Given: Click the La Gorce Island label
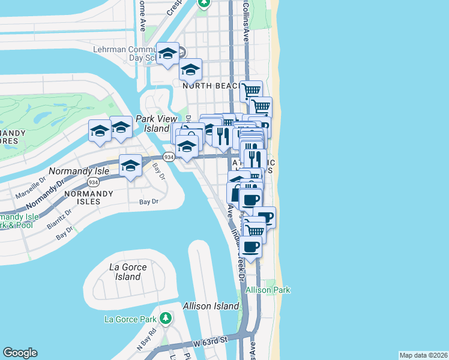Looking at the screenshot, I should click(x=125, y=272).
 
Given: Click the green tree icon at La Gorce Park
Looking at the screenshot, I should click(x=166, y=317).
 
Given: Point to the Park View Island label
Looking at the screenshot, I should click(x=152, y=124).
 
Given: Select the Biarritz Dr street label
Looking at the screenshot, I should click(x=59, y=219).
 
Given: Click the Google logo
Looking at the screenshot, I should click(x=20, y=353).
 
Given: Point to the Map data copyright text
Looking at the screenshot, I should click(x=423, y=355).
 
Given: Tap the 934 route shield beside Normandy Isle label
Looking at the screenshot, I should click(x=92, y=182).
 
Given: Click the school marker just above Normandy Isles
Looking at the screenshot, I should click(x=130, y=166).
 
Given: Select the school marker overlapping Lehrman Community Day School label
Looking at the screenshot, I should click(x=168, y=54).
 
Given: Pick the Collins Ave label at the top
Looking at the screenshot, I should click(x=246, y=21).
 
